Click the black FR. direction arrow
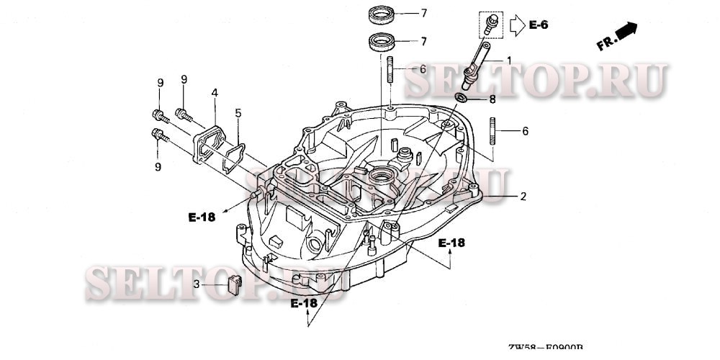(x=627, y=31)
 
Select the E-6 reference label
(x=539, y=26)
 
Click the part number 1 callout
(x=509, y=60)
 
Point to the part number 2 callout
(x=523, y=196)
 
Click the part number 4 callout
(x=215, y=93)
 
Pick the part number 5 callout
(x=238, y=112)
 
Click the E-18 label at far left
(x=202, y=217)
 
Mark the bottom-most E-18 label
(x=304, y=303)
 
